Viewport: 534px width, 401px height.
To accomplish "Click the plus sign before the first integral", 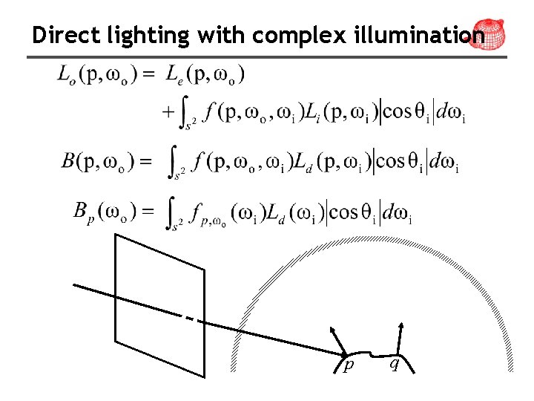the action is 168,112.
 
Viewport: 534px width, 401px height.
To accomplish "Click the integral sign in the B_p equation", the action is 174,214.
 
